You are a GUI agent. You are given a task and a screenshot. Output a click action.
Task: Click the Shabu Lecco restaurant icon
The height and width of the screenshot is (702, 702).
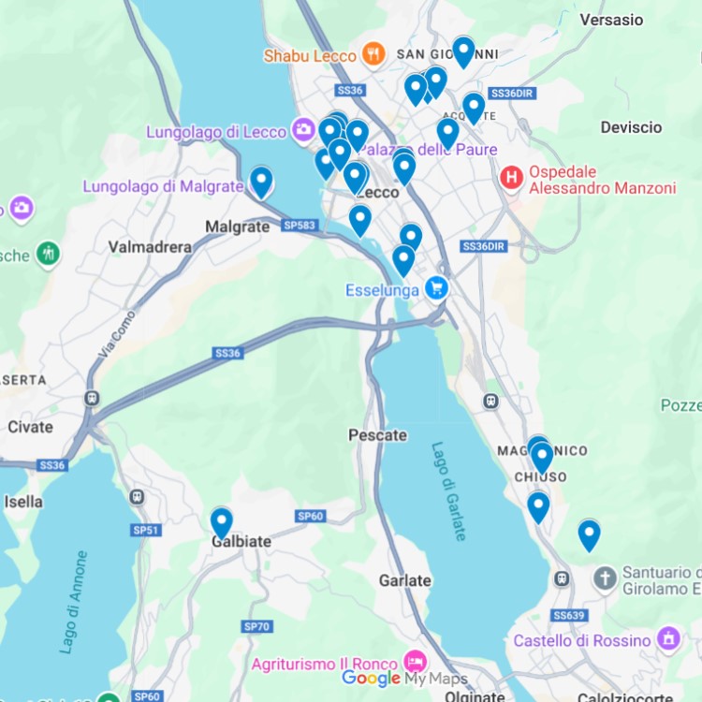[374, 54]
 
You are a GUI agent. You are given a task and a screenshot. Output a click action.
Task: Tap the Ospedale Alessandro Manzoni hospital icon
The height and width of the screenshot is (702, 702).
[511, 177]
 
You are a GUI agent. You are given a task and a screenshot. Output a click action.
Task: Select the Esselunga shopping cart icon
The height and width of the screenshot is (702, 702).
[435, 288]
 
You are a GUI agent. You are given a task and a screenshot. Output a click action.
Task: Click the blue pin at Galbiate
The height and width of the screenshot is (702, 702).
[221, 521]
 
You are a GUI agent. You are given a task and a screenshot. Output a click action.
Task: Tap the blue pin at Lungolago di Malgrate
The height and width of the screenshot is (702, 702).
[261, 180]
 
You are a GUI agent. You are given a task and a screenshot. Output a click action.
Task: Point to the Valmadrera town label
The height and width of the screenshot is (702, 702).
[150, 247]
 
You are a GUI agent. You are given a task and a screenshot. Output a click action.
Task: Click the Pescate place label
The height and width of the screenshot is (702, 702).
[377, 435]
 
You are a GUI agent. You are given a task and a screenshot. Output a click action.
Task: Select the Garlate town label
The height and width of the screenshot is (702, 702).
[404, 580]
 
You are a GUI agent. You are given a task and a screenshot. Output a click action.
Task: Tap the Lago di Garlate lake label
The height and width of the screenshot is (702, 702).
[448, 491]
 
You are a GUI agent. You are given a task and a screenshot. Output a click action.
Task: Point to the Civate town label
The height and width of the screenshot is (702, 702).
[30, 427]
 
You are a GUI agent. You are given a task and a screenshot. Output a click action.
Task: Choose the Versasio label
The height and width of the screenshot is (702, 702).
[611, 20]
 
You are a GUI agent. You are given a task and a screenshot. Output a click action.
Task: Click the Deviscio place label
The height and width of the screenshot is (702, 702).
[631, 127]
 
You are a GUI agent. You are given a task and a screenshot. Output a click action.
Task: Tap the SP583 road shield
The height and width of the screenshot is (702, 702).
[300, 226]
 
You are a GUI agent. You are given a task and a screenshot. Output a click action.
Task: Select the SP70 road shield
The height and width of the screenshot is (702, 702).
[256, 626]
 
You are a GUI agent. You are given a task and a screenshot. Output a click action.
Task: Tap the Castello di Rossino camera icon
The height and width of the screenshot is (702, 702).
[668, 640]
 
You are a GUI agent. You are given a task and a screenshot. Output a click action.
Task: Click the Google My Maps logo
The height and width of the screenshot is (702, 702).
[404, 679]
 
